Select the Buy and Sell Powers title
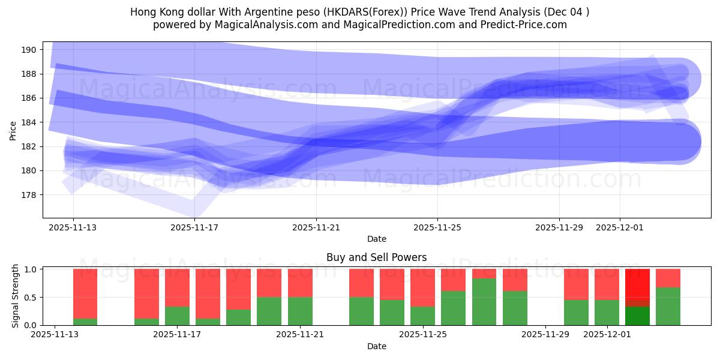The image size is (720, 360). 376,257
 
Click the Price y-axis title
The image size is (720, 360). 13,130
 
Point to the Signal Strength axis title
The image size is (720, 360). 16,296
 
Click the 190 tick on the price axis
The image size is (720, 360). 30,49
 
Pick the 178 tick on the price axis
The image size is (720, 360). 30,195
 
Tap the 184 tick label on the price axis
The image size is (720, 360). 30,122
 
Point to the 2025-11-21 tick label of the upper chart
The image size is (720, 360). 316,228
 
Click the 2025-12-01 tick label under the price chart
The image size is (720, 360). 620,228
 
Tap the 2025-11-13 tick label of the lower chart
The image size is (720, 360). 55,335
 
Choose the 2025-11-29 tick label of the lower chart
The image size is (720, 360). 545,335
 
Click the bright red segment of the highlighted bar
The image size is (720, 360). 637,287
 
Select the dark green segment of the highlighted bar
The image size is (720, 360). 637,316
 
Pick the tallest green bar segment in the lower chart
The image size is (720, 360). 484,302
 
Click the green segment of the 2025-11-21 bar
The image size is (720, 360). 300,311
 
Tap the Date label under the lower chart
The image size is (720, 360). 376,346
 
